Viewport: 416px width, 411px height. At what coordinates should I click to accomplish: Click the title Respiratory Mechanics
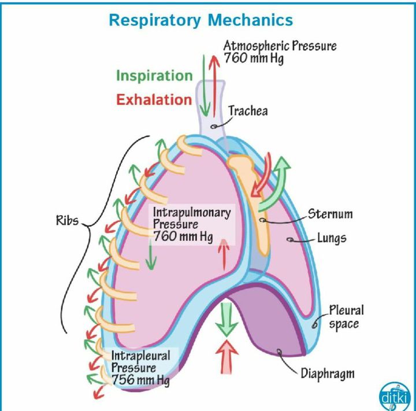200,20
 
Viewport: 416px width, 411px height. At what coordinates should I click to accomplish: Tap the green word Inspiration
154,76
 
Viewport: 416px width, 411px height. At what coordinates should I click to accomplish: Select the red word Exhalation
154,99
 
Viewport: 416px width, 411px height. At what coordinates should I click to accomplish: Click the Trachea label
248,110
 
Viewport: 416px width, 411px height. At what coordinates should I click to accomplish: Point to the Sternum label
329,214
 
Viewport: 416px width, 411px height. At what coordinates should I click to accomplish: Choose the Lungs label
332,238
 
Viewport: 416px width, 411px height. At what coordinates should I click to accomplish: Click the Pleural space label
346,317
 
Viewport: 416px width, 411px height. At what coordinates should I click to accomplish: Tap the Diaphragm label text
327,372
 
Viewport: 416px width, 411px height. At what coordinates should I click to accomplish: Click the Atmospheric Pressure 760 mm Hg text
280,52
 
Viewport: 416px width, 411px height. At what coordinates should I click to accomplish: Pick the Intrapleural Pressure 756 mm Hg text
140,368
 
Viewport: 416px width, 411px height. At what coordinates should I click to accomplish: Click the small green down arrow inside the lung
151,254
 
